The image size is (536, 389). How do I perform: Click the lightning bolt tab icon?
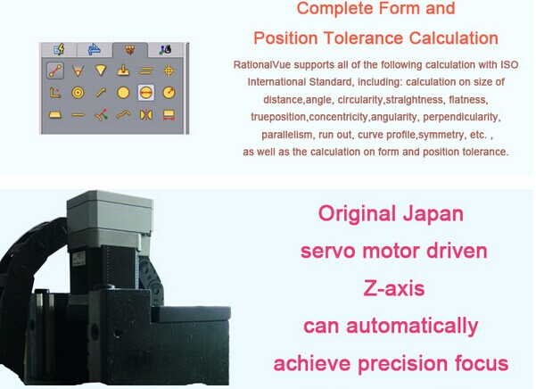point(60,50)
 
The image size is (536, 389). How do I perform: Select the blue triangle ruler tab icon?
point(95,50)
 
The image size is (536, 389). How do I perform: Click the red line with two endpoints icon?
point(55,70)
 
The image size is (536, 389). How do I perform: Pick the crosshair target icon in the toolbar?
point(169,70)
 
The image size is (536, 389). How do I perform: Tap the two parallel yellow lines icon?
point(146,71)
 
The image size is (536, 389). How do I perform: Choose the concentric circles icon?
point(78,93)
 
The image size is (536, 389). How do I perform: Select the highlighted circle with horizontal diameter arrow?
point(146,93)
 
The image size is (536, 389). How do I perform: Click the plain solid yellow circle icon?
point(123,93)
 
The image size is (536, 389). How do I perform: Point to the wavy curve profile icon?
point(123,114)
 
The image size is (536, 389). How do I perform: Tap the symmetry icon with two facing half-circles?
point(146,115)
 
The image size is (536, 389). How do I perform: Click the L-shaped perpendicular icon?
point(55,93)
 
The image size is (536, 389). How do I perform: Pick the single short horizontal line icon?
point(78,115)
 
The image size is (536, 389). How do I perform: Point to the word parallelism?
point(286,135)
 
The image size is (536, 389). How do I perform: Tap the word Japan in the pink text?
point(433,213)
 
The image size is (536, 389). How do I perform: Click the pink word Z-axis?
point(394,288)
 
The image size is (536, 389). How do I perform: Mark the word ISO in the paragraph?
point(509,64)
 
